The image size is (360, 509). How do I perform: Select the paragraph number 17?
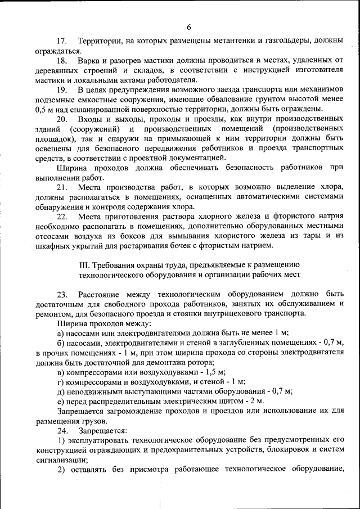[x=62, y=42]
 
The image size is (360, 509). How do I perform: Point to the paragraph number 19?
[x=62, y=89]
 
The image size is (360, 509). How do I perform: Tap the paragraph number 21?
[x=62, y=187]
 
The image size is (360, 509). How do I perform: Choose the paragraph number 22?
[x=62, y=216]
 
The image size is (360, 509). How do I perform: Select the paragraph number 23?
[x=62, y=294]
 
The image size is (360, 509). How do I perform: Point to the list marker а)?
[x=60, y=332]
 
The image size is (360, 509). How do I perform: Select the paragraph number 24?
[x=62, y=430]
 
